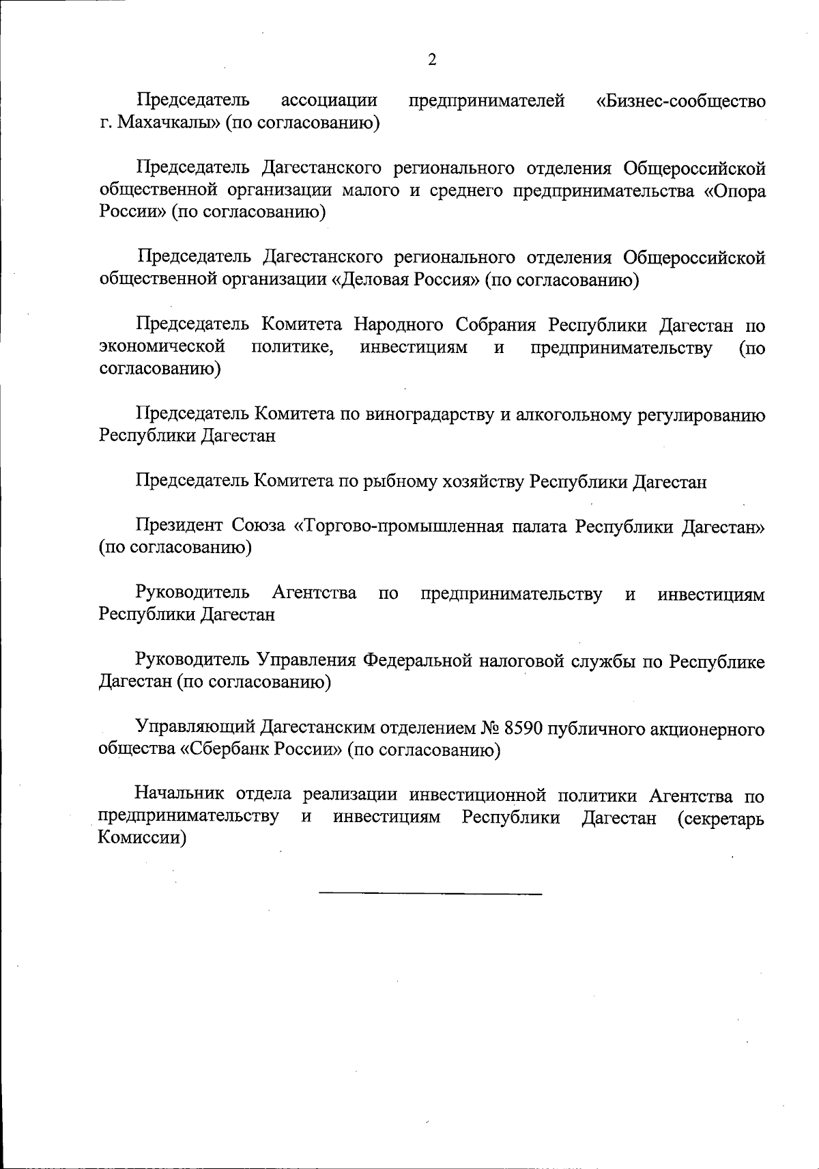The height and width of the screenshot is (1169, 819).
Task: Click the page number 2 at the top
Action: (431, 60)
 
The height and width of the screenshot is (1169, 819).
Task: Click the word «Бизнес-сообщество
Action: (680, 102)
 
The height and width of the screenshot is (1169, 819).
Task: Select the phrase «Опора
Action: (734, 191)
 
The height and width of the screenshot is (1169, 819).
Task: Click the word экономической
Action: (162, 347)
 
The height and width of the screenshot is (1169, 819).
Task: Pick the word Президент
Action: (179, 526)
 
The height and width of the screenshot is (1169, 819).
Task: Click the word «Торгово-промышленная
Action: (396, 526)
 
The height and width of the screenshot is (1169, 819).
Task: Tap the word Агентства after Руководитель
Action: (314, 593)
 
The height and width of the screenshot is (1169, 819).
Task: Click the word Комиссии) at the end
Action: (142, 839)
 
